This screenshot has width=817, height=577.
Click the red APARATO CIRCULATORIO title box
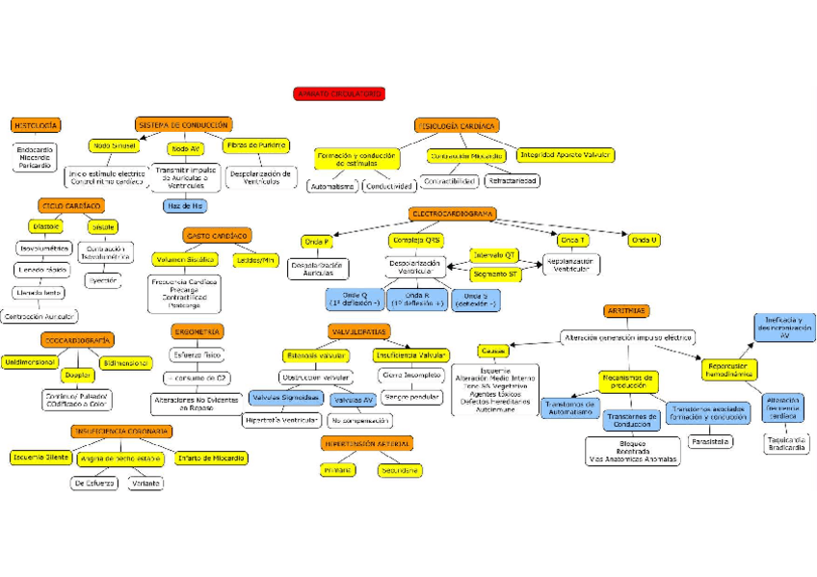point(339,93)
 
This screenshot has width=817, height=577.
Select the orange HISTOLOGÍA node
point(37,125)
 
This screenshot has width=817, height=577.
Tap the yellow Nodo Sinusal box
point(114,145)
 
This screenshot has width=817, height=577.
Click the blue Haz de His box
point(185,206)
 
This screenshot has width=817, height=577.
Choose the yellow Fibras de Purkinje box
point(256,145)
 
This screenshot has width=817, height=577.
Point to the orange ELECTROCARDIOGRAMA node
point(453,214)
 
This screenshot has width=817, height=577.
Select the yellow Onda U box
point(644,240)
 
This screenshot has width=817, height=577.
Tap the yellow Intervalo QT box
point(494,255)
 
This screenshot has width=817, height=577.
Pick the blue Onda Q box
point(355,299)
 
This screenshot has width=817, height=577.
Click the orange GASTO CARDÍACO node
point(217,235)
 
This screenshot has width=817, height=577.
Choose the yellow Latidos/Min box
point(254,259)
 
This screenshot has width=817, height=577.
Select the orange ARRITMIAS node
point(626,311)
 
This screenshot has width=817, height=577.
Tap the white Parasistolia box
point(711,441)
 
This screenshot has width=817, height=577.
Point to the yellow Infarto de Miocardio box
point(210,458)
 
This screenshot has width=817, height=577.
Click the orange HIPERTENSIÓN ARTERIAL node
point(367,444)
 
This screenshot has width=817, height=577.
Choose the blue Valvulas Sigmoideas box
point(285,397)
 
